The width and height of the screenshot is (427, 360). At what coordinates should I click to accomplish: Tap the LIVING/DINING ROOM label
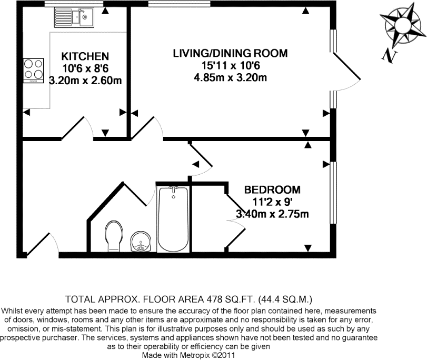(231, 53)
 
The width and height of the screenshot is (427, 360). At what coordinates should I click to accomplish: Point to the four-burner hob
(33, 71)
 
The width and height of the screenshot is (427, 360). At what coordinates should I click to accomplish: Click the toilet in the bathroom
(113, 236)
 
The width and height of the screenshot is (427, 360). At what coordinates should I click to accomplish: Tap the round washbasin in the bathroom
(140, 242)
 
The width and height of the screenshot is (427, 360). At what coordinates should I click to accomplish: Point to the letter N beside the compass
(389, 54)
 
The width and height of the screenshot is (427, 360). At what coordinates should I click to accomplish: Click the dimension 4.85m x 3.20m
(231, 79)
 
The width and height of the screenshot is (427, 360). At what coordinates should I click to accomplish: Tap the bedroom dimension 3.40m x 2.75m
(272, 214)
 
